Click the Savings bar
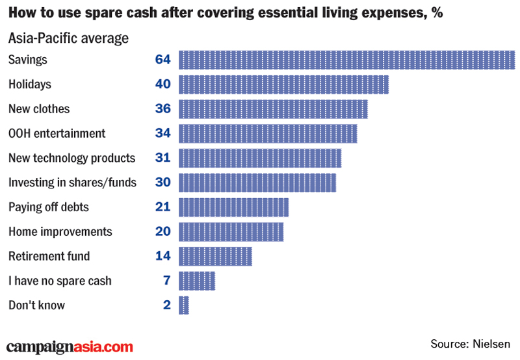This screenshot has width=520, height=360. [346, 60]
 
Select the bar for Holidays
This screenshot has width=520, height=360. [283, 84]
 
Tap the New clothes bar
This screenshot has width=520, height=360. [273, 109]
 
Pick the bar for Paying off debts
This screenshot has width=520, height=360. [233, 207]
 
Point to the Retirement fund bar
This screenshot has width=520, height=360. [215, 256]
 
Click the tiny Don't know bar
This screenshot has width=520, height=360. [183, 305]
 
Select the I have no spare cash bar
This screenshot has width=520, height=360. [196, 281]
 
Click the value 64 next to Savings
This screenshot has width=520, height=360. [162, 60]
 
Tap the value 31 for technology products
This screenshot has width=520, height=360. [162, 158]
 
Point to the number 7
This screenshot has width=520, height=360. [166, 281]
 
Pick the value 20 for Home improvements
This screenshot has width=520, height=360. [162, 232]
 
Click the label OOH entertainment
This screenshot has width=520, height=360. [57, 134]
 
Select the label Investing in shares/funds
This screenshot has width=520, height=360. [72, 183]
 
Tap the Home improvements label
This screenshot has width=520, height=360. [60, 232]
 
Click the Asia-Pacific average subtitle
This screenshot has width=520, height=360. [68, 38]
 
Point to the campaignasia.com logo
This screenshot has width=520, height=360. [70, 348]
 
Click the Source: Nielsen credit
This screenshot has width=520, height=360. [471, 343]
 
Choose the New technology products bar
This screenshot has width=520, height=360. [259, 158]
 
